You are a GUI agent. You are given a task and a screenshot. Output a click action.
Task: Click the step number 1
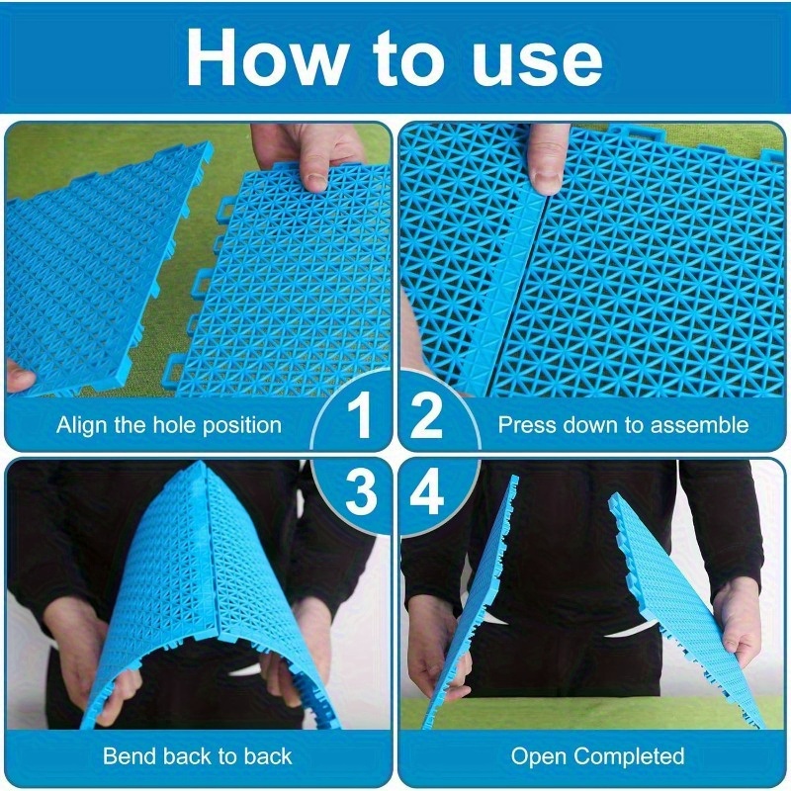(x=360, y=416)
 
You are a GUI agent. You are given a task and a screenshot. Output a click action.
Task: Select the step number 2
(x=426, y=416)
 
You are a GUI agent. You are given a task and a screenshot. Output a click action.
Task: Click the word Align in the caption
(x=82, y=426)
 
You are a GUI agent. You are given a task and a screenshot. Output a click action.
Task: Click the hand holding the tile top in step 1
(x=308, y=154)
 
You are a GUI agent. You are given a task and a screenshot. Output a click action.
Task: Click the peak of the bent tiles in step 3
(x=203, y=465)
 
